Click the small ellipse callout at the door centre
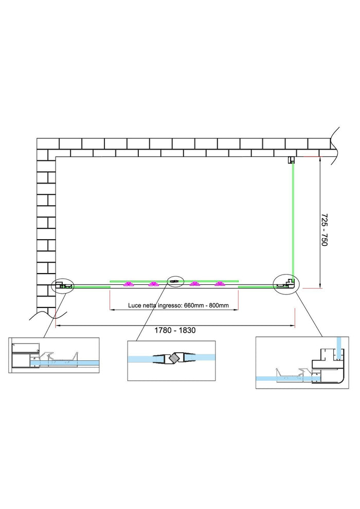point(175,281)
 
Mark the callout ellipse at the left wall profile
point(63,284)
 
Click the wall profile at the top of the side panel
point(291,159)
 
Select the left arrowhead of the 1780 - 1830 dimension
point(57,325)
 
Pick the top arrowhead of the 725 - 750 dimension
point(320,158)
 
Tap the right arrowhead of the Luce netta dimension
point(237,310)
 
